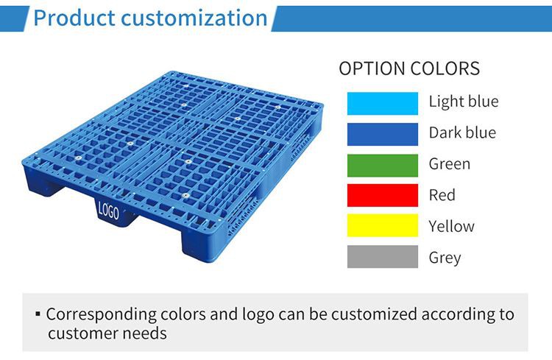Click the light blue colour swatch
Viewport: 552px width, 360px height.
[383, 102]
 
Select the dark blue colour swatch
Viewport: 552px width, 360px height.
[383, 133]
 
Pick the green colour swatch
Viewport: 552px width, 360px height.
[383, 163]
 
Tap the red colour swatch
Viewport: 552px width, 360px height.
[383, 195]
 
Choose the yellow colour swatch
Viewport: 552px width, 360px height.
[383, 226]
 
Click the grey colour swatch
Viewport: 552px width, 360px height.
[383, 257]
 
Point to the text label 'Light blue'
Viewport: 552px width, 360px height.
[463, 102]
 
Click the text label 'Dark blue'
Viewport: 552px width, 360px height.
[462, 133]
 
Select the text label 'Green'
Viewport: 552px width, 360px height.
[450, 163]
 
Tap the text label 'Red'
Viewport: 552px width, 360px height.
[442, 195]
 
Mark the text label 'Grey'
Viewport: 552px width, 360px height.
[445, 258]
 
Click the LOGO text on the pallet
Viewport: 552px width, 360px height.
[108, 211]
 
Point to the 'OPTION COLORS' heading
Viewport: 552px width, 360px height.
[409, 69]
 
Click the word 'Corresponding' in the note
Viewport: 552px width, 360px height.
[100, 314]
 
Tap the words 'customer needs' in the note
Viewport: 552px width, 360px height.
[107, 333]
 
